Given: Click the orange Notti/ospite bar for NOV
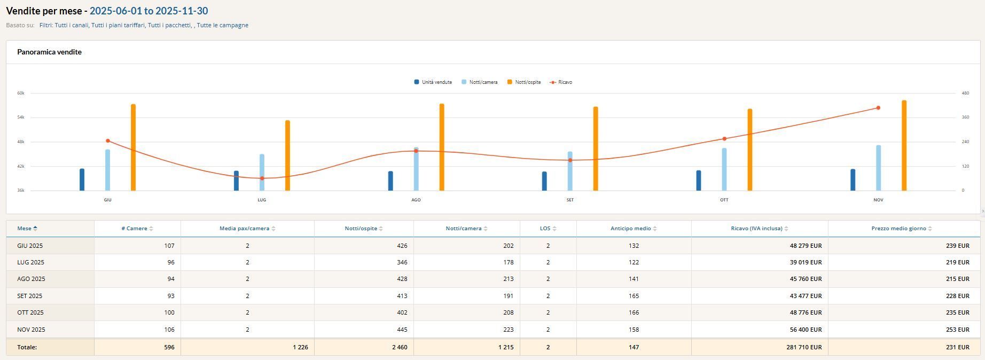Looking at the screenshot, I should pyautogui.click(x=904, y=145).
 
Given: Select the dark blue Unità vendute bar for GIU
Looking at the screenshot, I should pyautogui.click(x=82, y=179).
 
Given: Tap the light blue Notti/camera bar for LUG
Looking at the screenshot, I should pyautogui.click(x=262, y=172).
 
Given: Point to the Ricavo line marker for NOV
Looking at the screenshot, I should pyautogui.click(x=878, y=108).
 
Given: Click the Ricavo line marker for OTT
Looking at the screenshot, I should pyautogui.click(x=724, y=139).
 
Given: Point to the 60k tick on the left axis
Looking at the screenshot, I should pyautogui.click(x=21, y=93).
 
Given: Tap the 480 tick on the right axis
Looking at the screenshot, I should pyautogui.click(x=965, y=93).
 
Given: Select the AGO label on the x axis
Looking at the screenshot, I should pyautogui.click(x=416, y=200).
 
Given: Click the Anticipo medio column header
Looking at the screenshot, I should pyautogui.click(x=630, y=229).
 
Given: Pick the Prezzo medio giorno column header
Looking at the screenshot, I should pyautogui.click(x=898, y=229).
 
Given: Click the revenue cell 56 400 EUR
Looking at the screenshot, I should pyautogui.click(x=806, y=330).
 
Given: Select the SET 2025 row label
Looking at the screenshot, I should pyautogui.click(x=30, y=296).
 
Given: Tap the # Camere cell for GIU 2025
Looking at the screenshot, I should pyautogui.click(x=169, y=246).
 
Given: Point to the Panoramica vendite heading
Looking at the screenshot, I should pyautogui.click(x=49, y=52).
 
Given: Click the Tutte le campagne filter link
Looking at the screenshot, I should pyautogui.click(x=222, y=25).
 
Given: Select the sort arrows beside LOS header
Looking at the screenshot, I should pyautogui.click(x=554, y=229).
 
